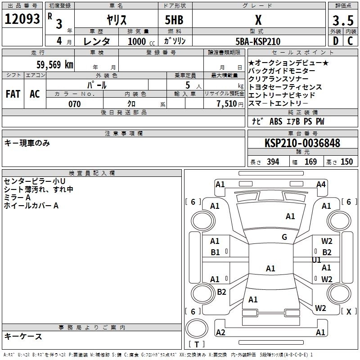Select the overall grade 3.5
[x=342, y=21]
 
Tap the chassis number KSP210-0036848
[x=302, y=143]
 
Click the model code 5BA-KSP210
[x=258, y=41]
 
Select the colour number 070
[x=74, y=104]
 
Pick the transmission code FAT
[x=13, y=94]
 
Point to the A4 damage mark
[x=321, y=184]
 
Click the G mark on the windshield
[x=284, y=237]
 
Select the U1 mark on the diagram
[x=316, y=260]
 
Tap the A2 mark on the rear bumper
[x=220, y=333]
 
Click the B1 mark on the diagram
[x=216, y=252]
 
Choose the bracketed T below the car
[x=196, y=345]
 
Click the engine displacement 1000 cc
[x=139, y=41]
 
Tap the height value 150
[x=346, y=162]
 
